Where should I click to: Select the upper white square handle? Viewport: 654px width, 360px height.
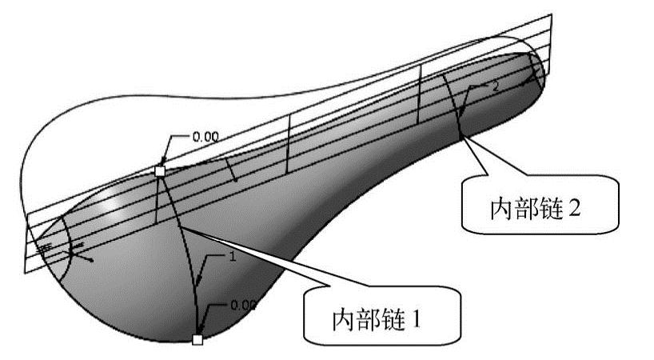pos(160,171)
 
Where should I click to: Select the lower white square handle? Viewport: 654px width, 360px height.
pos(197,340)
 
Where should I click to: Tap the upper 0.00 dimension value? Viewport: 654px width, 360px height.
pos(205,136)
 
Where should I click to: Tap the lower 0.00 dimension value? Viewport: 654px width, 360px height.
pos(243,304)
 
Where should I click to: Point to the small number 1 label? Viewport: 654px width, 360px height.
pos(233,258)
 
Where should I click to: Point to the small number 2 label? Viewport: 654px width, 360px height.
pos(496,86)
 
